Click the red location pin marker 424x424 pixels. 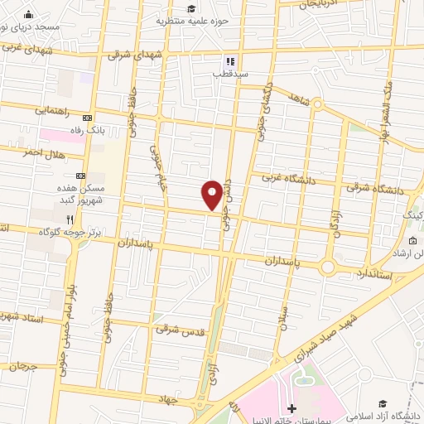click(212, 193)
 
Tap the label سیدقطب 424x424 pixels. click(229, 74)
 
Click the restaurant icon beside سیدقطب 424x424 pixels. click(229, 60)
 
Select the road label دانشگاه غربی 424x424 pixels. click(285, 178)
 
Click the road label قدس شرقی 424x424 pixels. click(179, 329)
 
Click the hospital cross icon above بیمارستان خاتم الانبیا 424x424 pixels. click(291, 407)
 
